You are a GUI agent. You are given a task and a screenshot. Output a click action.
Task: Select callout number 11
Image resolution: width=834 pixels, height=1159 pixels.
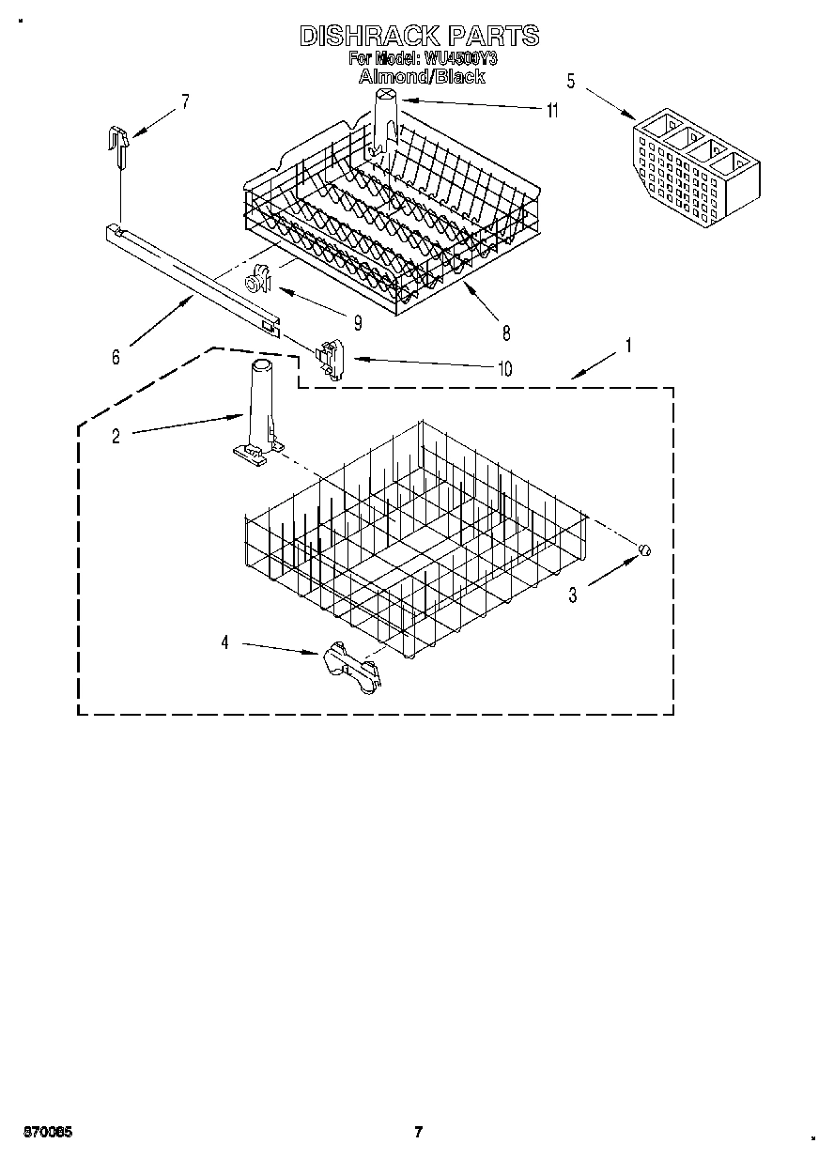point(551,111)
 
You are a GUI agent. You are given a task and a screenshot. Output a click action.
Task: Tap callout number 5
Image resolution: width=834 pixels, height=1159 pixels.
point(571,80)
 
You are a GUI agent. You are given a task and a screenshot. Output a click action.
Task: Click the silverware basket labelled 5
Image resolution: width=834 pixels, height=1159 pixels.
point(695,164)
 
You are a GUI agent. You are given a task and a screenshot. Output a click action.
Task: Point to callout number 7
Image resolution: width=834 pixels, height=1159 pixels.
point(185,101)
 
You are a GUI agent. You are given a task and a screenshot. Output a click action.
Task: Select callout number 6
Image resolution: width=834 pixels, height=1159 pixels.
point(116,357)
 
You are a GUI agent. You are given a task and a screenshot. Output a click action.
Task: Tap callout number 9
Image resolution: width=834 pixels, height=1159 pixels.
point(358,320)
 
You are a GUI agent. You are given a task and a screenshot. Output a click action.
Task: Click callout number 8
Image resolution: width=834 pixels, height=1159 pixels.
point(505,332)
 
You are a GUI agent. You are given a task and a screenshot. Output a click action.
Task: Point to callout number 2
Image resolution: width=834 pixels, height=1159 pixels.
point(116,436)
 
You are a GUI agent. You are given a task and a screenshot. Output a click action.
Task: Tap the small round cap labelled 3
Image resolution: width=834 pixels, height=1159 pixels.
point(644,550)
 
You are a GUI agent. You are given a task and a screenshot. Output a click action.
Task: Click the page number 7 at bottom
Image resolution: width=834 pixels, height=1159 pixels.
point(419,1131)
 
